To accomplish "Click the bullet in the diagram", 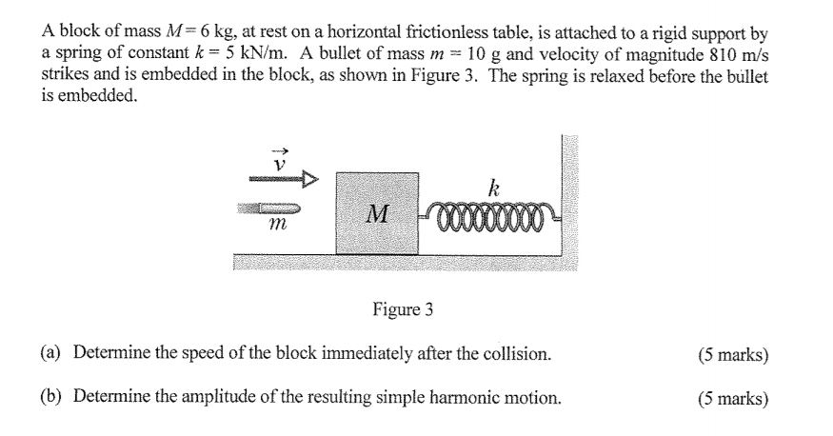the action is (268, 208).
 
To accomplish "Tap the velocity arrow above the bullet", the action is (285, 180).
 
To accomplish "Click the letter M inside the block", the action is (378, 213).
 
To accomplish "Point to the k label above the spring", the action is (493, 188).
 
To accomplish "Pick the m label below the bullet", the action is (277, 225).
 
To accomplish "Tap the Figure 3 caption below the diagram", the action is (403, 308).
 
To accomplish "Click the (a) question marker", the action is (50, 352).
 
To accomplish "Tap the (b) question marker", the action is (50, 396).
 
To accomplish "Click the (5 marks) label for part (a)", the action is (733, 354).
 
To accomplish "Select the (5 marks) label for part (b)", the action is (733, 398).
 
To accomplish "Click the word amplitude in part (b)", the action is (215, 397).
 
